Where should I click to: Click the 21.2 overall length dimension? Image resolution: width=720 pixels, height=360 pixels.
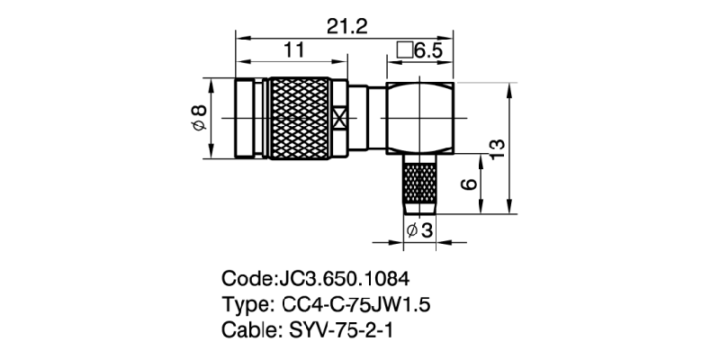click(348, 28)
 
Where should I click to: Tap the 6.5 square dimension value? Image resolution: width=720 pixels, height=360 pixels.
click(427, 51)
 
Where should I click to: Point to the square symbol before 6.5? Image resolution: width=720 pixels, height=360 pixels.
click(404, 51)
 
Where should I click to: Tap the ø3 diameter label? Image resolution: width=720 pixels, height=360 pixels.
click(419, 231)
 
